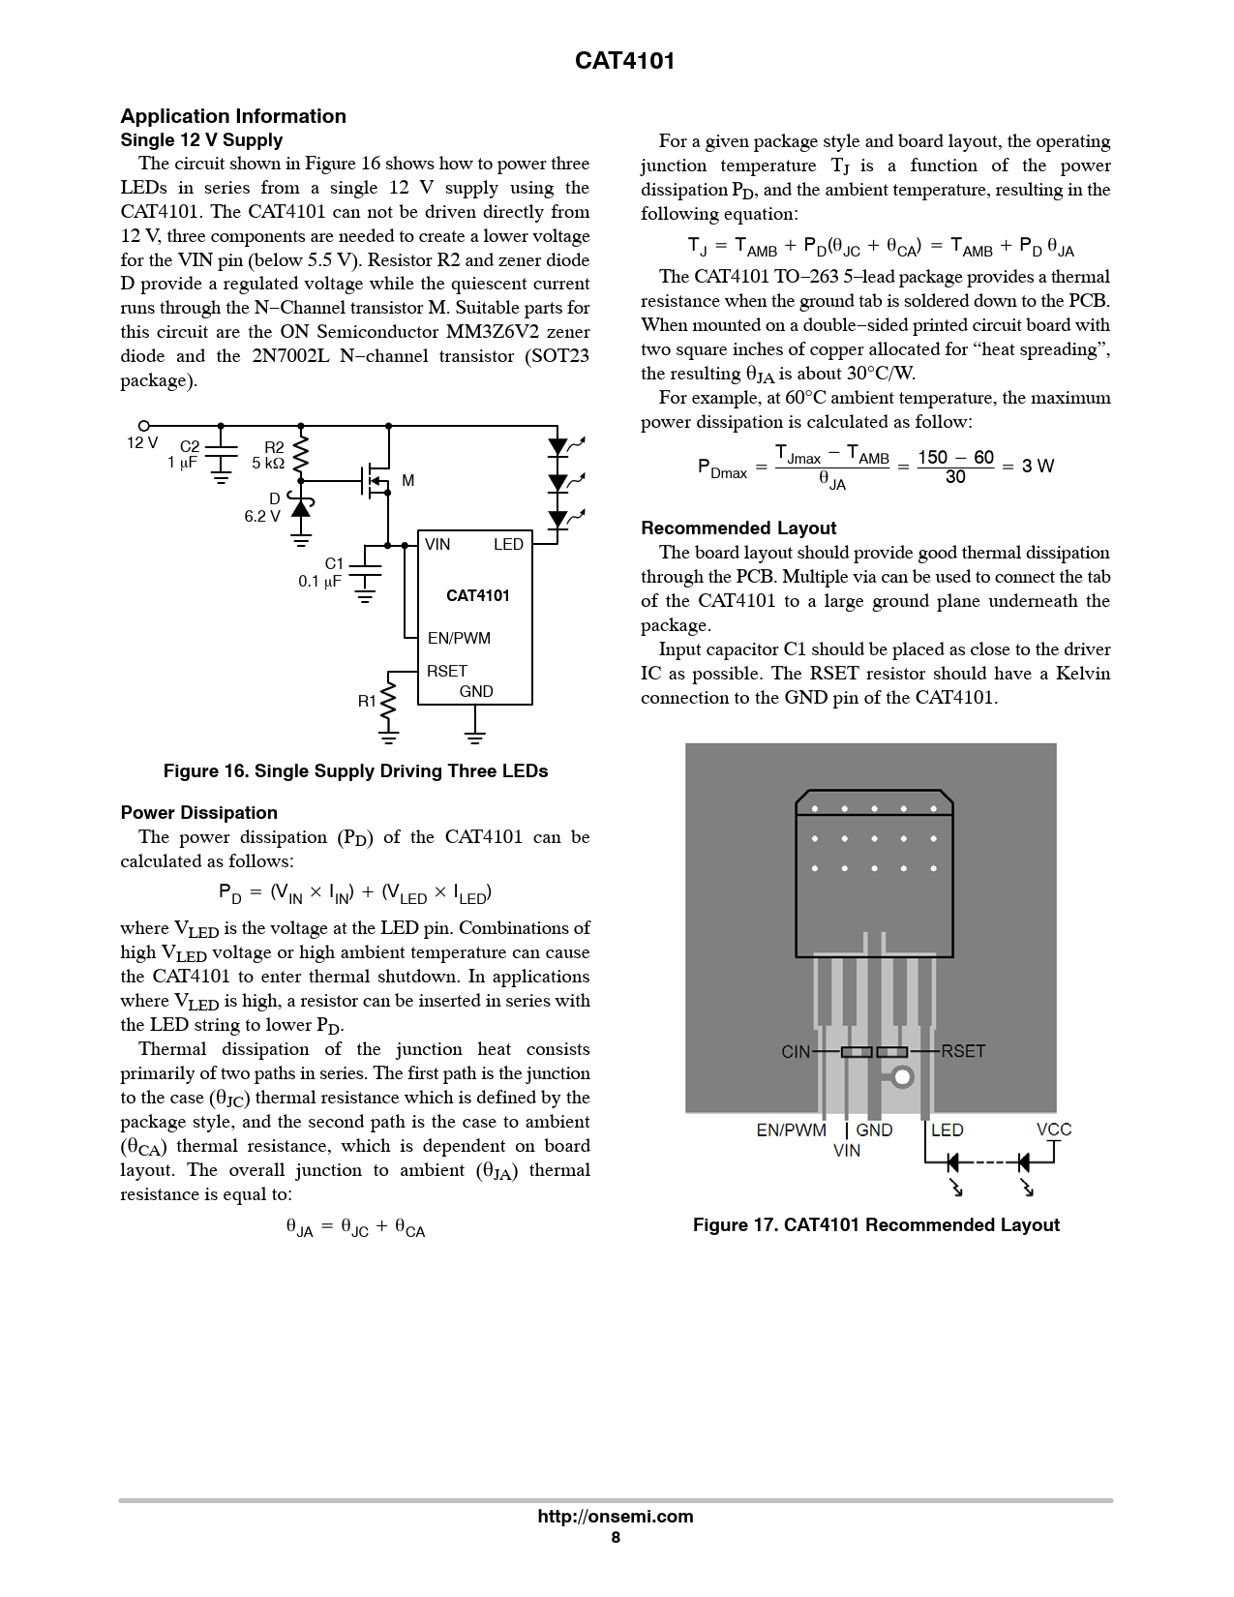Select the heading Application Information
point(233,116)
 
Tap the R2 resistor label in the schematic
point(274,447)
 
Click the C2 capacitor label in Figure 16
point(190,446)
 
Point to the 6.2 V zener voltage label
point(262,517)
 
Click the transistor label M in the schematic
point(407,481)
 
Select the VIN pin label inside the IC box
point(437,544)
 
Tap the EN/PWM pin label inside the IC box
point(459,638)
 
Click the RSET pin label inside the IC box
point(447,671)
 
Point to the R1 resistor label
point(367,701)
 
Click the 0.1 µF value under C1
point(319,582)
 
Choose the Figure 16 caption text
point(355,771)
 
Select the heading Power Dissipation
point(198,813)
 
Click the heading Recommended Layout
point(738,528)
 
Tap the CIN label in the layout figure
point(796,1052)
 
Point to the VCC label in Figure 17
point(1054,1130)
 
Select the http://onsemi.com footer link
point(616,1517)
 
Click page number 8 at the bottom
point(616,1537)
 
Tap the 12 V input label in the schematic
point(142,442)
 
